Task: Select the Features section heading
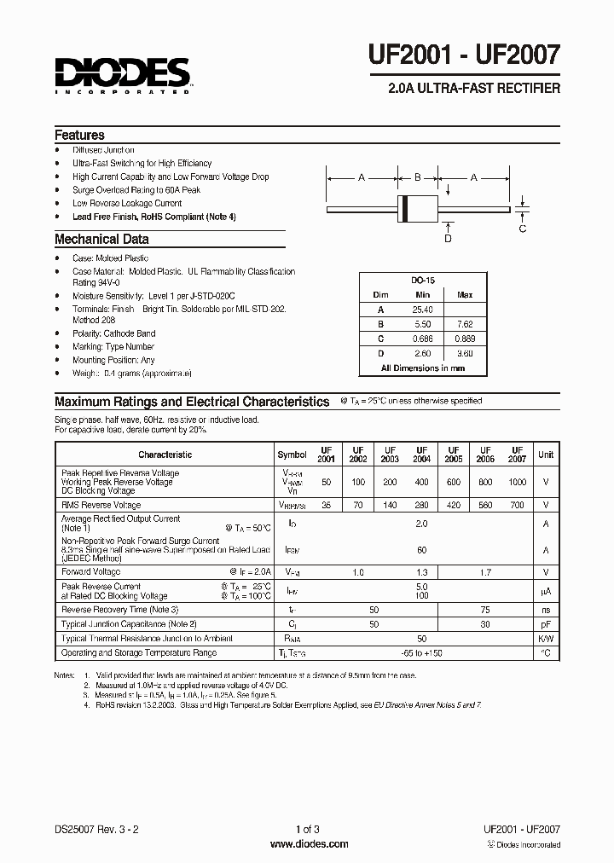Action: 79,135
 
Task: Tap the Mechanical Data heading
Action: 101,240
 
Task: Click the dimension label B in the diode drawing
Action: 417,177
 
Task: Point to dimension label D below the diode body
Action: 448,238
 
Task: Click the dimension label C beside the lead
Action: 523,228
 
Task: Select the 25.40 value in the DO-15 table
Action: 423,310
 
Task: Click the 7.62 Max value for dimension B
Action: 465,324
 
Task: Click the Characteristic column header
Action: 165,455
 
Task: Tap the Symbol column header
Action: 292,455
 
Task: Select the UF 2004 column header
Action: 421,455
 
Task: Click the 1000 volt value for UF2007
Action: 517,482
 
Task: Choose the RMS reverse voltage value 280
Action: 421,505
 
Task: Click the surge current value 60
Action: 421,550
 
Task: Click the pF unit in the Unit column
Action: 546,624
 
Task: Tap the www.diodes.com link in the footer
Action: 308,844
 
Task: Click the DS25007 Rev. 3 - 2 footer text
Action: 94,829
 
